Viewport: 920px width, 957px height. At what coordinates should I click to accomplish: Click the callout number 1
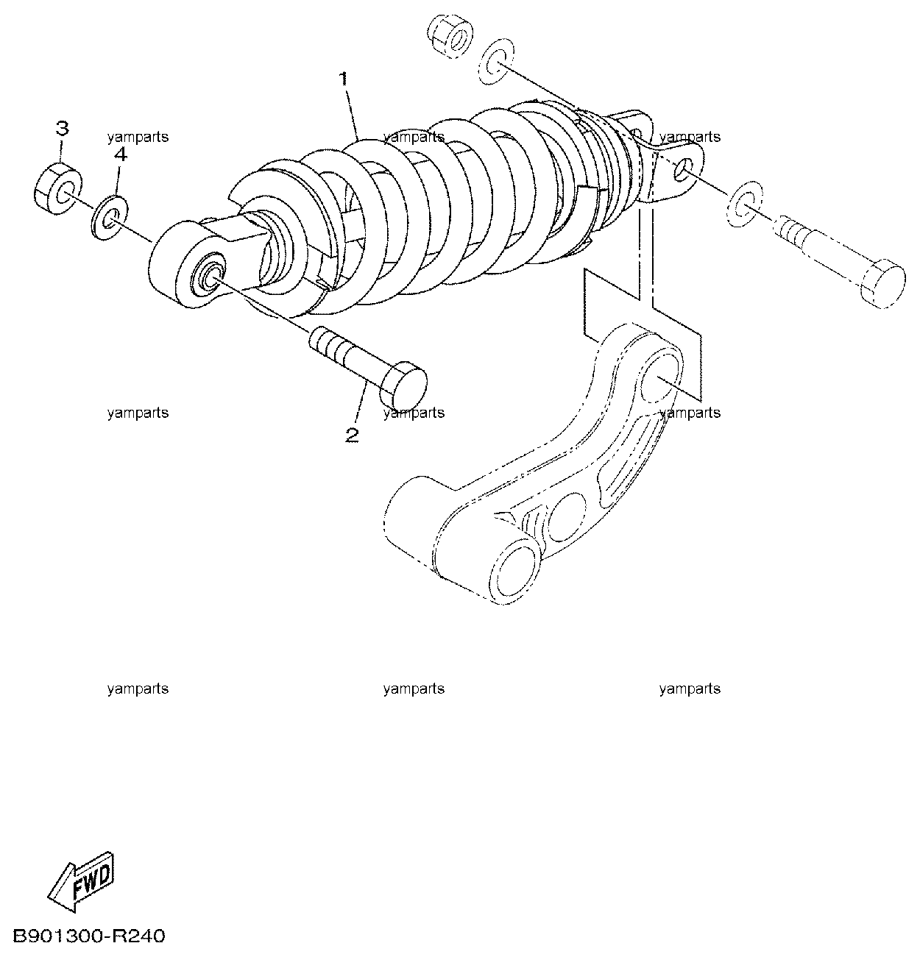coord(344,79)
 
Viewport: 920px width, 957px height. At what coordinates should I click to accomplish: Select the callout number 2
coord(352,435)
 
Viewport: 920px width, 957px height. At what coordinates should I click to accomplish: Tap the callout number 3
coord(62,128)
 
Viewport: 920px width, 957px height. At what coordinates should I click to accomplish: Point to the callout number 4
coord(120,155)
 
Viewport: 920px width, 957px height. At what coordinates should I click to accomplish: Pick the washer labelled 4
coord(109,218)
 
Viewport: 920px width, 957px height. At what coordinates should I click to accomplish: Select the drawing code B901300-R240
coord(88,936)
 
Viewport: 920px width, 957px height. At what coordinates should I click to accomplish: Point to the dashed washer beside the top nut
coord(496,60)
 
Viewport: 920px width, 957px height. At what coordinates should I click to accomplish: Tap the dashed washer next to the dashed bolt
coord(744,203)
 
